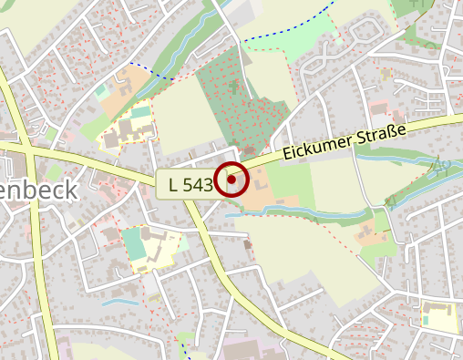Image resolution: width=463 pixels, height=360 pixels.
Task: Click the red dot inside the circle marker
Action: click(231, 180)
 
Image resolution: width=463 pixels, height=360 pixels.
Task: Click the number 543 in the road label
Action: click(198, 184)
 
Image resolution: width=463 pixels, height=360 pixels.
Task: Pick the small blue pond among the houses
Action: click(119, 300)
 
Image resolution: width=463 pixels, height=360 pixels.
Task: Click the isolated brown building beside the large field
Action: click(249, 243)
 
